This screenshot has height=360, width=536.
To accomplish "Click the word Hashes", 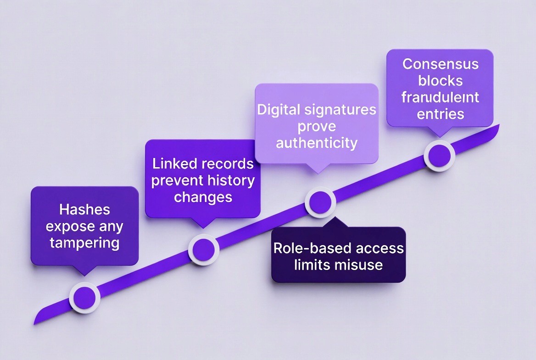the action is [84, 210].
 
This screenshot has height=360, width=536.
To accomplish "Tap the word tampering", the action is [84, 242].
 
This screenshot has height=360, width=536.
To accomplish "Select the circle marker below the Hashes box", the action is [85, 298].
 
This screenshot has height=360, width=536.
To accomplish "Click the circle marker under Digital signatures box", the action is [320, 201].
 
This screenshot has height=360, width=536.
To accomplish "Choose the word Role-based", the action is [306, 248].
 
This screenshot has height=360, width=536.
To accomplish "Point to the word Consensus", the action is [440, 64].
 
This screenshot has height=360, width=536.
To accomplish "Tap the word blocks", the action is [440, 80].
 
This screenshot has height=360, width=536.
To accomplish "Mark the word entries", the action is [440, 113].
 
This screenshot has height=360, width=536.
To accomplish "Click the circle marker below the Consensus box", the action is [439, 156].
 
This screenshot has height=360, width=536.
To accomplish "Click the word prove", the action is [316, 126].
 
